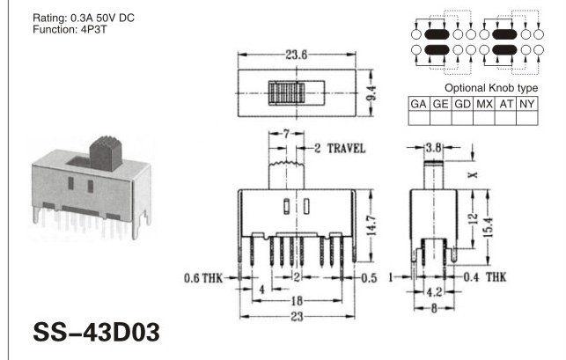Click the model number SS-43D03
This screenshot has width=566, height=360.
(96, 332)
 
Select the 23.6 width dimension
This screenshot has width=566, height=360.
(297, 55)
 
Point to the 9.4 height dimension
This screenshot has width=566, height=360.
(372, 93)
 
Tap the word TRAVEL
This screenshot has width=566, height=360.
(346, 149)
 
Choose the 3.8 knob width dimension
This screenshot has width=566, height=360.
(433, 148)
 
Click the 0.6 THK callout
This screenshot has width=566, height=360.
(203, 278)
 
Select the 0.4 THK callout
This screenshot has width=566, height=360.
(485, 277)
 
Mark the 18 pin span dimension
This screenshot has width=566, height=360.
(297, 301)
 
